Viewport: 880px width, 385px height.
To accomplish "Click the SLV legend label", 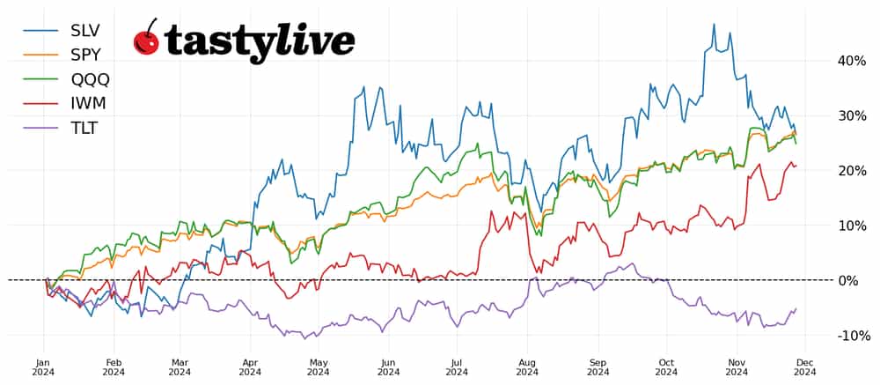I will click(x=86, y=30).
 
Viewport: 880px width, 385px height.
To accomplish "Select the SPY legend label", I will click(x=86, y=55).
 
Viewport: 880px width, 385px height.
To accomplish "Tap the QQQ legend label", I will click(x=90, y=79).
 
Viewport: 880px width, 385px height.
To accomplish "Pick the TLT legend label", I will click(x=84, y=129).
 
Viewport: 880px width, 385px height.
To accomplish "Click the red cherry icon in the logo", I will click(x=146, y=41).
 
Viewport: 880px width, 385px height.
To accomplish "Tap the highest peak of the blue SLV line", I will click(x=714, y=24).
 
